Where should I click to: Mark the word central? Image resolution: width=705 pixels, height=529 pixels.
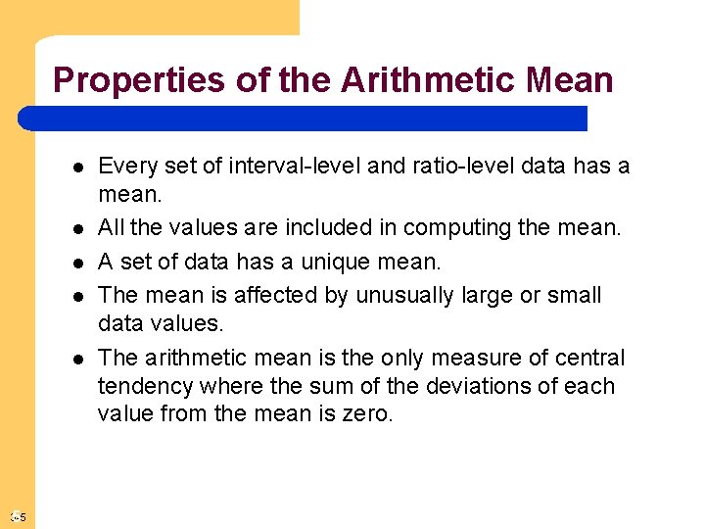point(590,358)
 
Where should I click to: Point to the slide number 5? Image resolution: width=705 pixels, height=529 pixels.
point(22,517)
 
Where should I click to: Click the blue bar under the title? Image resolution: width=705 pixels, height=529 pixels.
point(304,119)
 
